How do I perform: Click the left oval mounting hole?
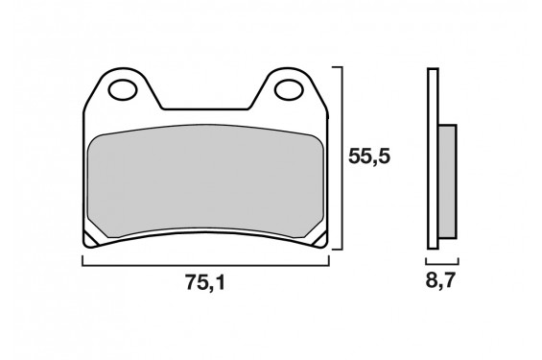click(124, 92)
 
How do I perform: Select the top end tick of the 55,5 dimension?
click(337, 68)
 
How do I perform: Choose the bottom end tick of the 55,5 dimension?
click(337, 249)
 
